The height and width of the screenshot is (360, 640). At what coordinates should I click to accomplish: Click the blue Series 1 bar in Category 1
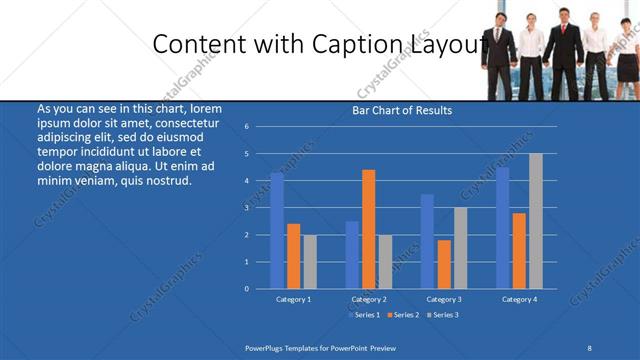pos(277,230)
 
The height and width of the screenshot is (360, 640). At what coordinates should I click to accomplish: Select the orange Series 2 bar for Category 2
pos(368,229)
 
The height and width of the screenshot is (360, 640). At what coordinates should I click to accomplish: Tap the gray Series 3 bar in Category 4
pos(535,221)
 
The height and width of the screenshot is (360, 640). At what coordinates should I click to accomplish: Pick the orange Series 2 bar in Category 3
pos(443,264)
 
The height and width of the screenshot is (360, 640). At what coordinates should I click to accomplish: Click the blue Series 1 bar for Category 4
pos(502,227)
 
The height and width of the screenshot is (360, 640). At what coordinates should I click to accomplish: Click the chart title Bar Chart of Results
pos(402,111)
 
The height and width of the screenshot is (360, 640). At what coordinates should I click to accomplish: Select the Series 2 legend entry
pos(404,315)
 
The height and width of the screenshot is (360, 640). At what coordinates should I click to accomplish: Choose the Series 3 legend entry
pos(444,315)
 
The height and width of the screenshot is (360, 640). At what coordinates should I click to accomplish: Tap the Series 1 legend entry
pos(365,315)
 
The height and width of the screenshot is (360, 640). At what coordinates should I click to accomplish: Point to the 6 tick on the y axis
pos(246,127)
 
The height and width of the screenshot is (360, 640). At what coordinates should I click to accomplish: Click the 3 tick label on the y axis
pos(246,208)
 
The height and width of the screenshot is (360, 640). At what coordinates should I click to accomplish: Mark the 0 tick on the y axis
pos(246,289)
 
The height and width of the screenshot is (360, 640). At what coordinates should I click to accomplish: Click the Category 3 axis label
pos(444,299)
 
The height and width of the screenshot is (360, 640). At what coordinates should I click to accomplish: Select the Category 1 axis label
pos(294,299)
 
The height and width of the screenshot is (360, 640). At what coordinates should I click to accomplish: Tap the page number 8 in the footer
pos(589,347)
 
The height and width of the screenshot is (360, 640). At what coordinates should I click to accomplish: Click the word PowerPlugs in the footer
pos(266,347)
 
